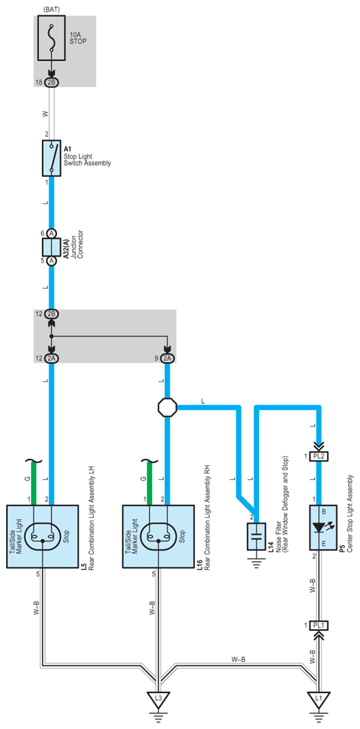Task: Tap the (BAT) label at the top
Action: tap(51, 10)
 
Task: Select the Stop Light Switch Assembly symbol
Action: tap(51, 158)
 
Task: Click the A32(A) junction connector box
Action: tap(51, 247)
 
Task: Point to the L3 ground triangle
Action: tap(158, 698)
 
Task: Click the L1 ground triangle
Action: tap(319, 698)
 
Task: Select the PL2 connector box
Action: tap(319, 457)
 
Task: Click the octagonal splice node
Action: tap(167, 408)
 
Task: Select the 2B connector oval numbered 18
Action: tap(51, 82)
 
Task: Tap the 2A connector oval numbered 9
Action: tap(167, 359)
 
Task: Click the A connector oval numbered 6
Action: tap(51, 233)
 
